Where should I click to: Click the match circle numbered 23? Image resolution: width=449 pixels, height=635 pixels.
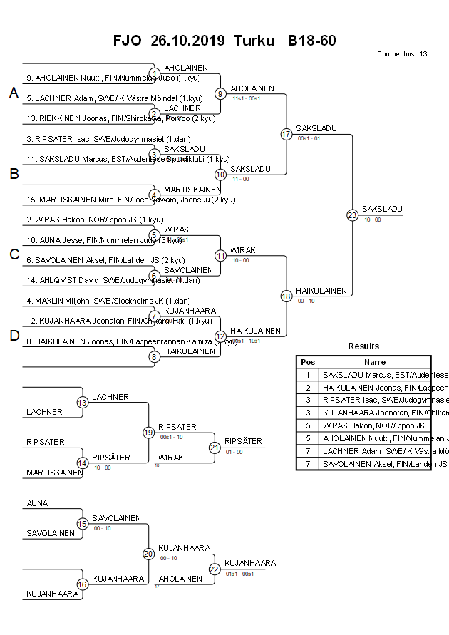click(352, 215)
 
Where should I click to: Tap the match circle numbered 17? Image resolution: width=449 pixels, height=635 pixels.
click(287, 134)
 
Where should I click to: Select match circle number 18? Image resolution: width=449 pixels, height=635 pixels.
click(287, 296)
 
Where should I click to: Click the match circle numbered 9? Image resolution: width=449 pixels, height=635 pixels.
click(221, 93)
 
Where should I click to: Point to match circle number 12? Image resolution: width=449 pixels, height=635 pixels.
click(221, 336)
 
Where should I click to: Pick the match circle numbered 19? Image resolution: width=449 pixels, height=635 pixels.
click(148, 432)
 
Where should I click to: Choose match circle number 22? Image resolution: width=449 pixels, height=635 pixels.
click(215, 569)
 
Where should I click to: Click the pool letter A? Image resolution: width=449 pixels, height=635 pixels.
click(14, 93)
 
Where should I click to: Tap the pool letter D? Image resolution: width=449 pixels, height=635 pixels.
click(14, 336)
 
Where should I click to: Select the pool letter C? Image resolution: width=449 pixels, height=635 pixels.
click(14, 254)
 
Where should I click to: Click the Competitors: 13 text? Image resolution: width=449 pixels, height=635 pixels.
click(402, 54)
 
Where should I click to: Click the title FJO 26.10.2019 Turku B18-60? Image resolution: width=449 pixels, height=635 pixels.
click(224, 41)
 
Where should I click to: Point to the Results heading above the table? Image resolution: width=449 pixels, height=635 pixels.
click(363, 346)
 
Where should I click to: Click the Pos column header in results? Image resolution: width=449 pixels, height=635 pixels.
click(308, 362)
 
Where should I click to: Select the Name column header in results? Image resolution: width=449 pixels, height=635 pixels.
click(376, 362)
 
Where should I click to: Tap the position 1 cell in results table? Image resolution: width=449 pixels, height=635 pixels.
click(308, 375)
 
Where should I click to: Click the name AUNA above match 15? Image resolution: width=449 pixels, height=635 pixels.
click(37, 503)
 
